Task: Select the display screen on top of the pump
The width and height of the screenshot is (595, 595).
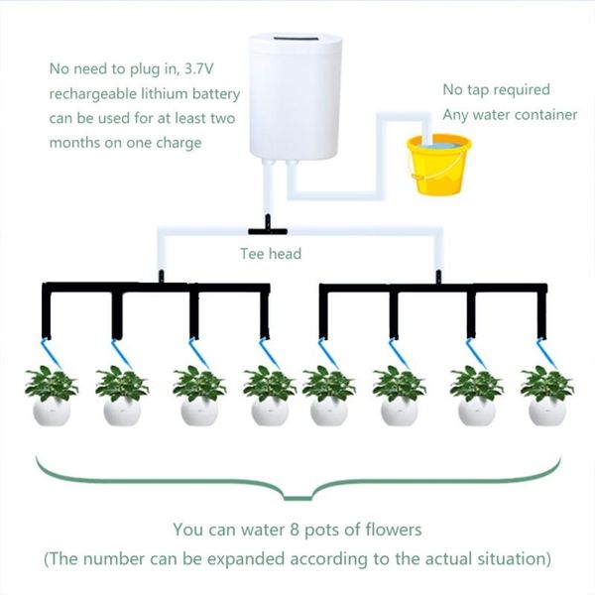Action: [295, 41]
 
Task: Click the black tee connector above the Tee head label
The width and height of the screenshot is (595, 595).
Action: [269, 226]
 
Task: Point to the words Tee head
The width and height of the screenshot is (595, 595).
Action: [271, 254]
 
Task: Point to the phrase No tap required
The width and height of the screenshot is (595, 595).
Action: [495, 90]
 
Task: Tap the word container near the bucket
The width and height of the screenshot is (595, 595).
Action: [542, 115]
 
